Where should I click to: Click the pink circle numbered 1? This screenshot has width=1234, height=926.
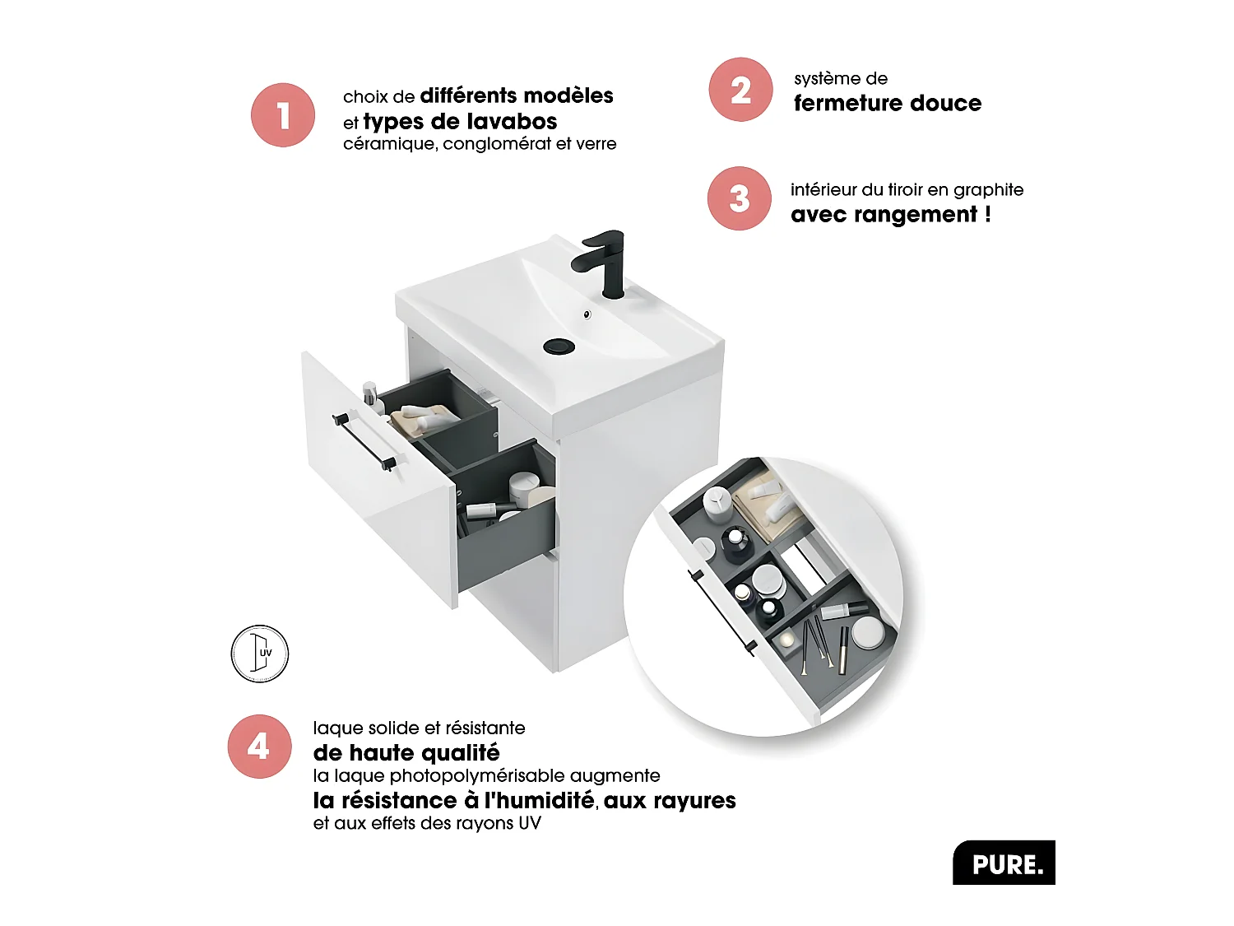pyautogui.click(x=283, y=115)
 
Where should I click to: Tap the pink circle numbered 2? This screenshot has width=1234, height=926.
pyautogui.click(x=740, y=90)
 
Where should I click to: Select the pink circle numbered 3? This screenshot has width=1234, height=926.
pyautogui.click(x=740, y=198)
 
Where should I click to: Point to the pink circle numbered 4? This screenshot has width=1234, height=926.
pyautogui.click(x=259, y=747)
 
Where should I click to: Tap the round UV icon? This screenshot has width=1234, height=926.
pyautogui.click(x=260, y=654)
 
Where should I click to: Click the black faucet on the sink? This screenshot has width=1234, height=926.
pyautogui.click(x=600, y=263)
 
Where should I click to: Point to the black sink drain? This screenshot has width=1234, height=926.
pyautogui.click(x=559, y=346)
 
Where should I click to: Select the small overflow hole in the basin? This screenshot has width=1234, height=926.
pyautogui.click(x=587, y=315)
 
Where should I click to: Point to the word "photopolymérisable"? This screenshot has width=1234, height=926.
pyautogui.click(x=477, y=776)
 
